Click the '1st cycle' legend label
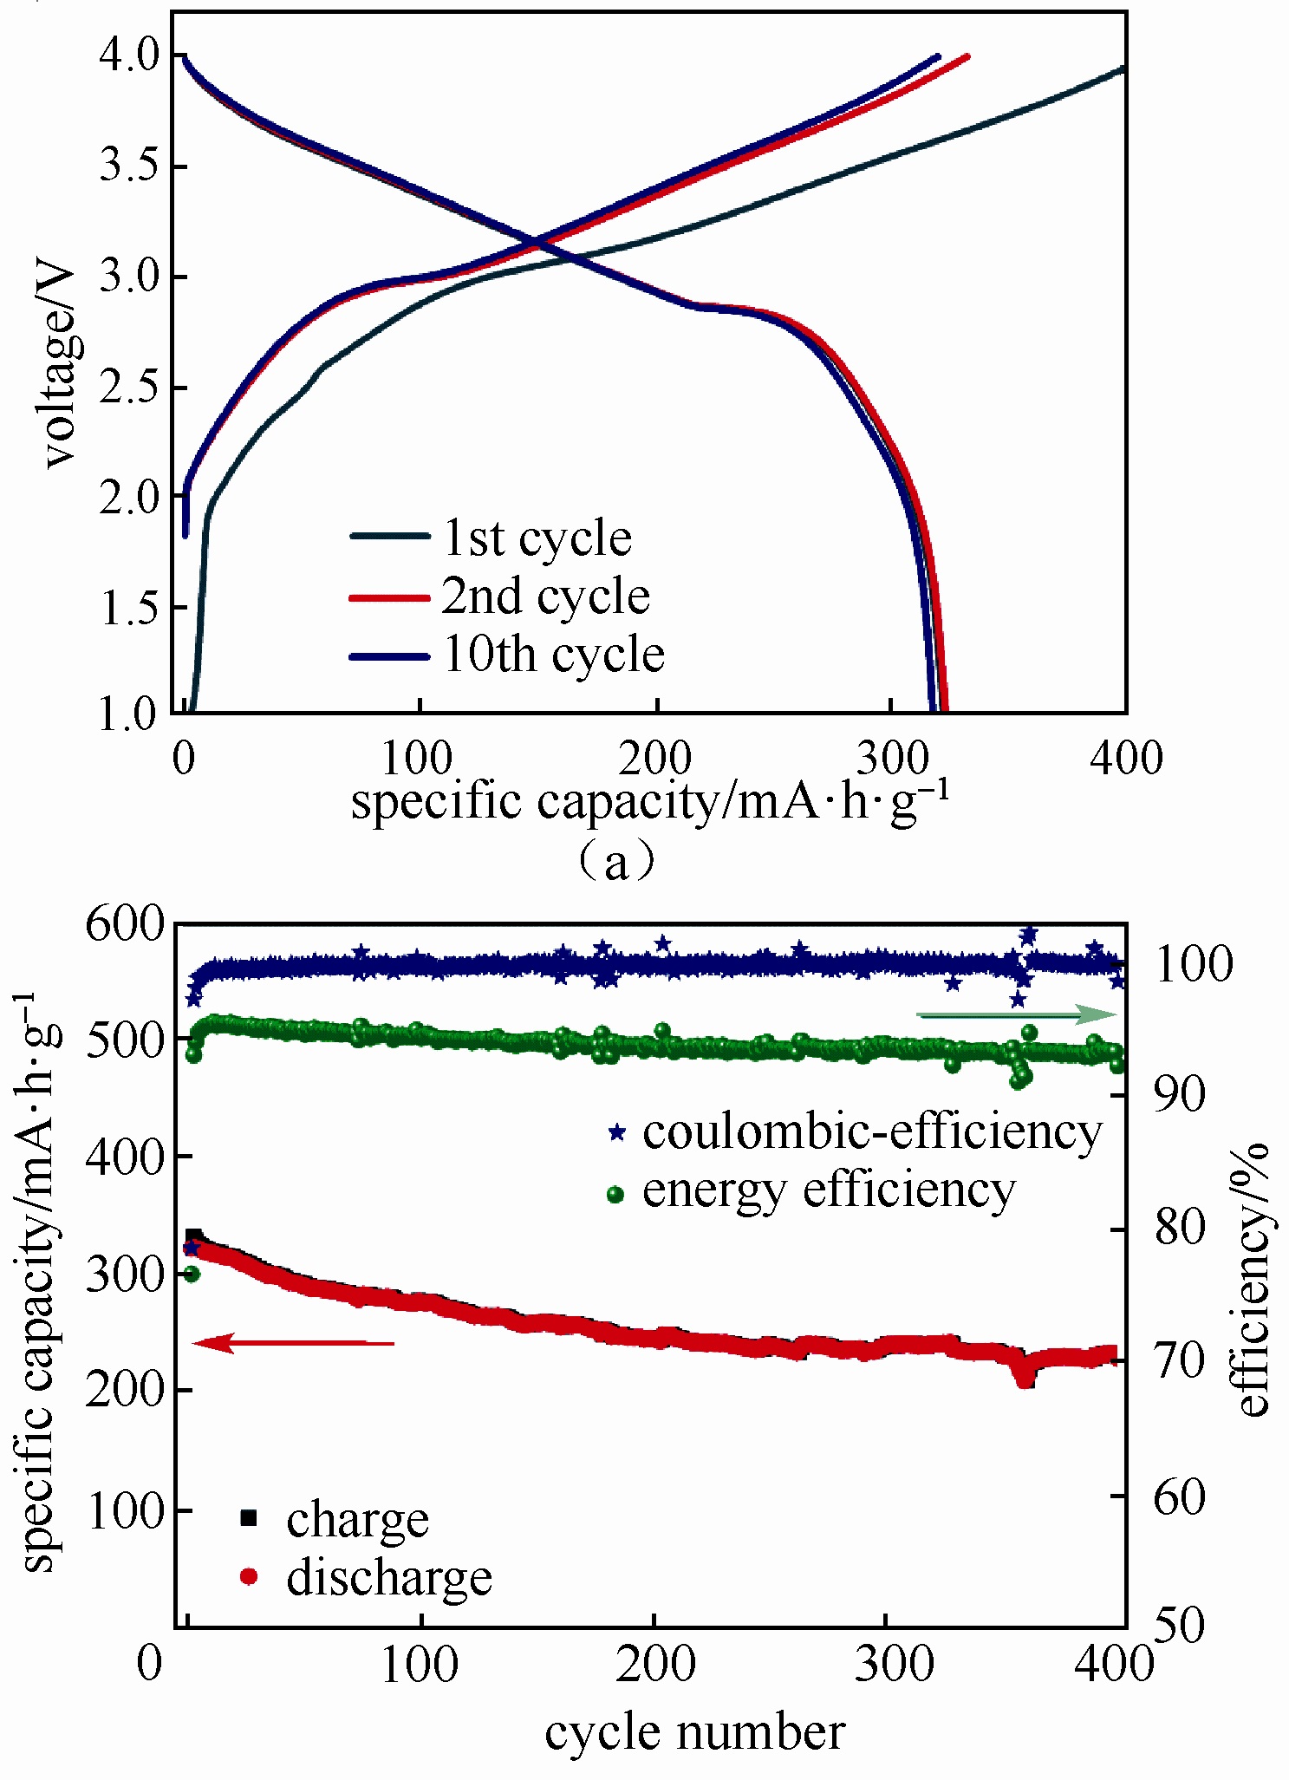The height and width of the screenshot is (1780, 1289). tap(537, 538)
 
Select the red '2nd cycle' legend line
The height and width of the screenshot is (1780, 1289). tap(389, 598)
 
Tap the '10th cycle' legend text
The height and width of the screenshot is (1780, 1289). tap(553, 655)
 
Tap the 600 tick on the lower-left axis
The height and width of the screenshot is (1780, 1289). tap(124, 925)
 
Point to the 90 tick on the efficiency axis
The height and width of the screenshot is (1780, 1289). tap(1178, 1095)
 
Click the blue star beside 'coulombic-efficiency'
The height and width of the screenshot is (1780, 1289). tap(616, 1132)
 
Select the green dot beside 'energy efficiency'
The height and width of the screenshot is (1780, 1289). tap(615, 1195)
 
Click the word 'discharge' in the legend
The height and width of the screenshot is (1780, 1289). tap(389, 1577)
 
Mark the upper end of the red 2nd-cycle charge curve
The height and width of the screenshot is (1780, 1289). tap(967, 56)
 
